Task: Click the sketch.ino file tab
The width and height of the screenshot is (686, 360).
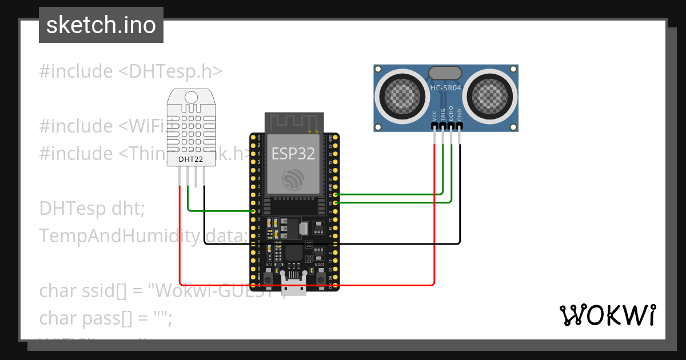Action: pos(101,25)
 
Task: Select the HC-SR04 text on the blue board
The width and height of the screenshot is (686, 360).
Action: pos(445,89)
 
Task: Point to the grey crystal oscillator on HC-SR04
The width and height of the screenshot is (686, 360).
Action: pos(445,73)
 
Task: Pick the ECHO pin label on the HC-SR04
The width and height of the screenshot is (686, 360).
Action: pos(452,113)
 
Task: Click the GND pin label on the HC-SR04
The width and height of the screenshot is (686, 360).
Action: pos(460,114)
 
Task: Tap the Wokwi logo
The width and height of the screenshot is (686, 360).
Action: pos(607,315)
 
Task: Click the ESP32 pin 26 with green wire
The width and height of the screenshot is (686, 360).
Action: pos(253,211)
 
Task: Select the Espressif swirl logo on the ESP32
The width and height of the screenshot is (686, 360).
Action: pos(294,180)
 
